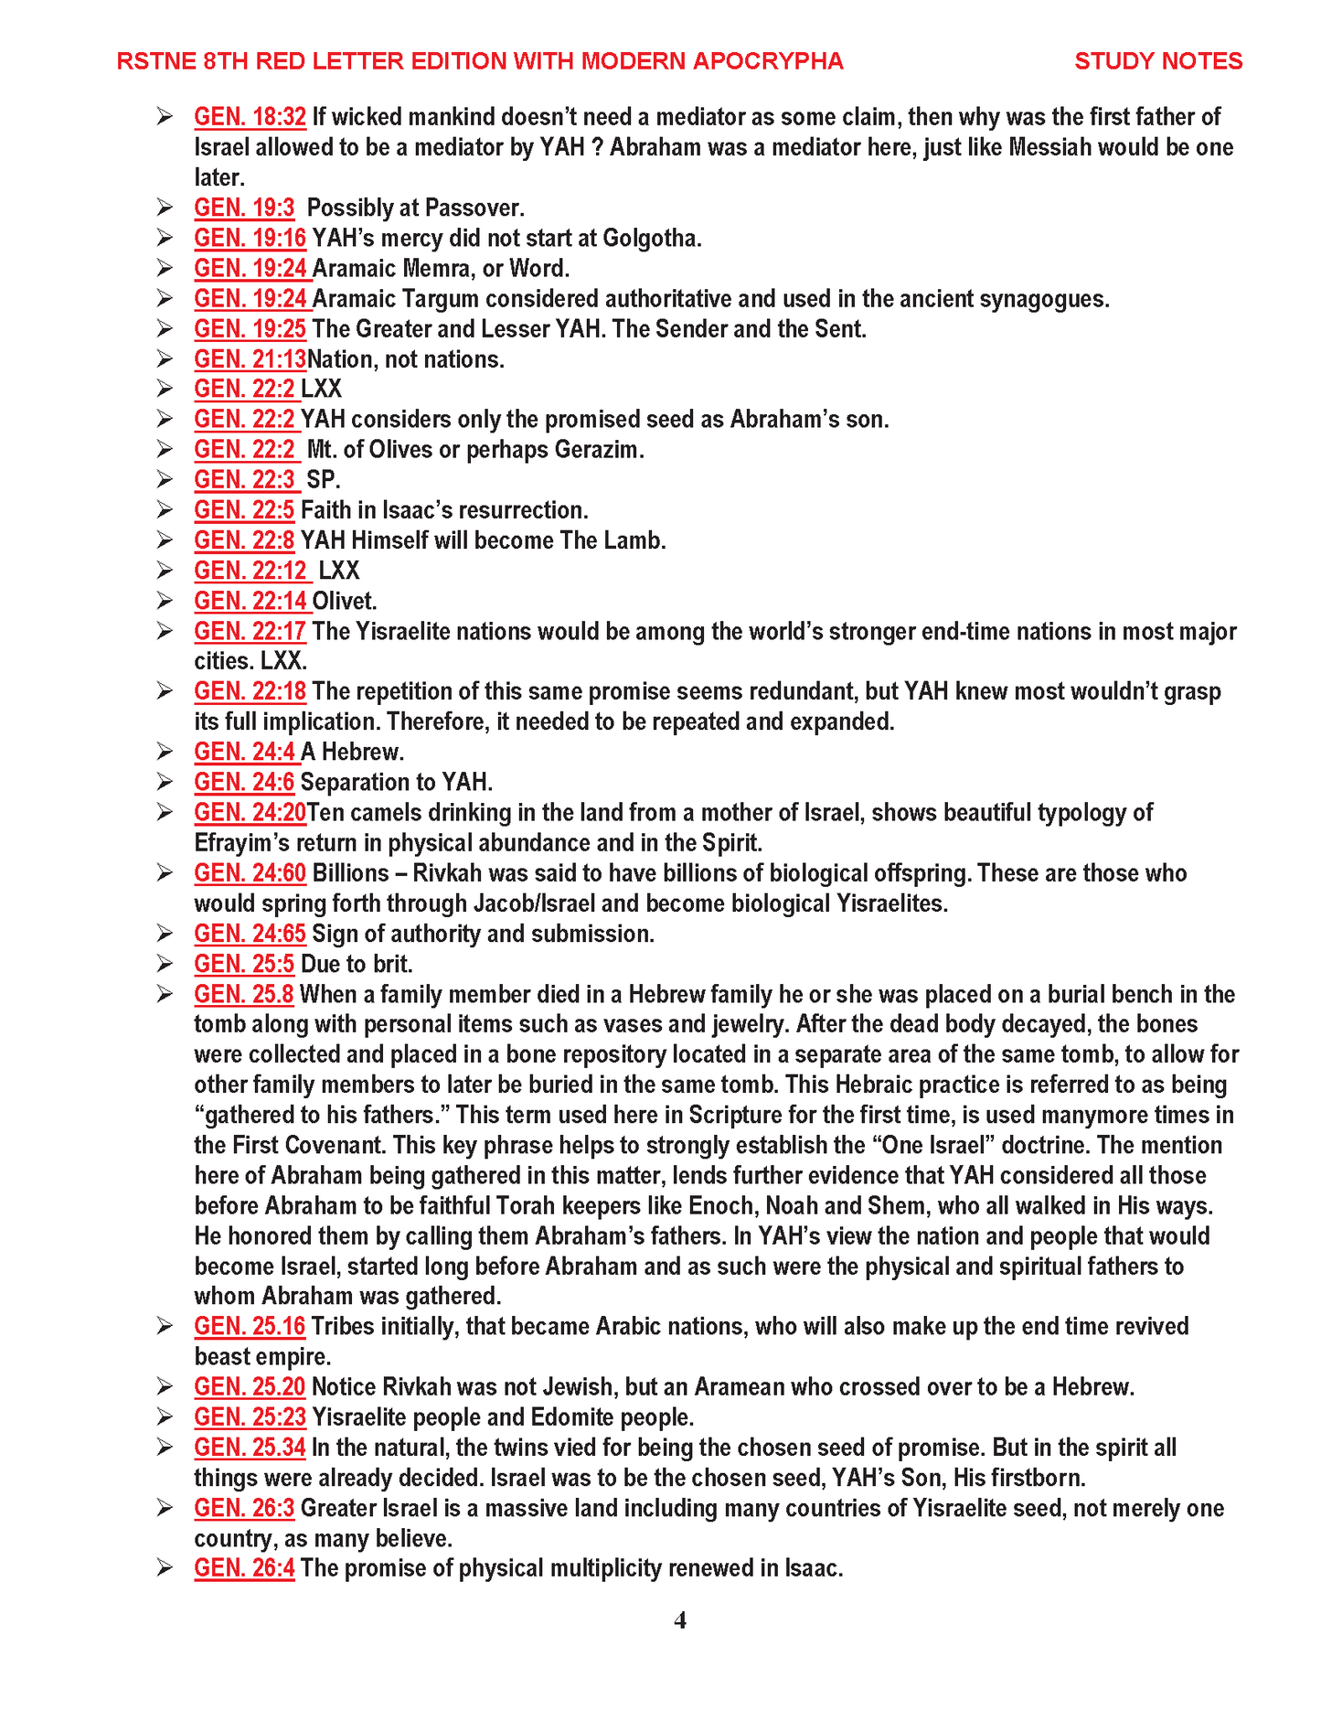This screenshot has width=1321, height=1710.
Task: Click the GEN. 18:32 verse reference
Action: click(250, 117)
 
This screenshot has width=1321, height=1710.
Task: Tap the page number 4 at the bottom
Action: click(680, 1619)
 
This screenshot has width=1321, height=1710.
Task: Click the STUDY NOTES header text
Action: click(1157, 61)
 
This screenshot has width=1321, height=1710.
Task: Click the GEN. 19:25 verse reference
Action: click(250, 328)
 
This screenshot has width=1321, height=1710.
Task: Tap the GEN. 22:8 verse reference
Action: click(244, 540)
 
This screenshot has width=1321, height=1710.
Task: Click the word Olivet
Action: click(345, 601)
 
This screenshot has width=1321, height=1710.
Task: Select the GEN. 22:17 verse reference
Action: click(250, 631)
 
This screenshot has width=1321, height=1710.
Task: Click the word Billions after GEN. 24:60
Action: click(350, 873)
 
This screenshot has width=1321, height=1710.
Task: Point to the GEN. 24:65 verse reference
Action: click(250, 934)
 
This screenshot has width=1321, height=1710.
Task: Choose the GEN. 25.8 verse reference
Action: click(244, 994)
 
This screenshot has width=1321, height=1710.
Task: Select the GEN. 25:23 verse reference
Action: click(250, 1417)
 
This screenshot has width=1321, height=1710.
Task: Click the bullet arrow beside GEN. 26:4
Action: click(165, 1568)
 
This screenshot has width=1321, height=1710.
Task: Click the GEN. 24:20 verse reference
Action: click(250, 812)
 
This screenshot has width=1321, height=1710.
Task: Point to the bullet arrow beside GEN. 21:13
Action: click(165, 358)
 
